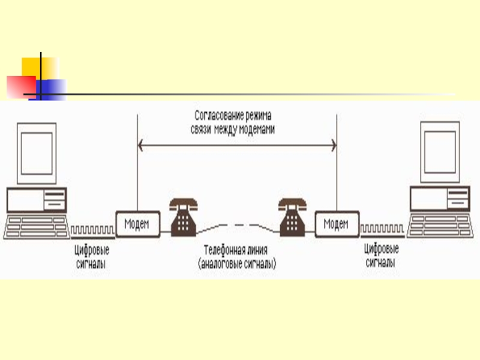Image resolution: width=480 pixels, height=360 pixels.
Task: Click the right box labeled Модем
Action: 337,224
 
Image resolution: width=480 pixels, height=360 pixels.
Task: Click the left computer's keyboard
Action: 35,226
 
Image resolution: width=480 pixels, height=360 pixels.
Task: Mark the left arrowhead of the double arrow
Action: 141,144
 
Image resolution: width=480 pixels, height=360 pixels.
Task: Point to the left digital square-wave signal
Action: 92,230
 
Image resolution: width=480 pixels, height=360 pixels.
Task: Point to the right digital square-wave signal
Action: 383,230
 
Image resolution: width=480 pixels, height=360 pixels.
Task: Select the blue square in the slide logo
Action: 51,88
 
